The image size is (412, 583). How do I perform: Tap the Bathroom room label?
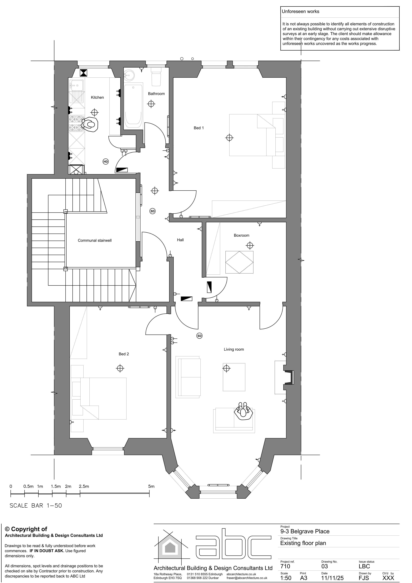pos(156,94)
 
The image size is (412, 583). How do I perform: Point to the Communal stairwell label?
pos(95,240)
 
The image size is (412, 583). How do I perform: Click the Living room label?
pos(234,349)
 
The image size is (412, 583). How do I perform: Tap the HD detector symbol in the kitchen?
pos(106,162)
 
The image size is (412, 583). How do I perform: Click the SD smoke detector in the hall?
pos(152,211)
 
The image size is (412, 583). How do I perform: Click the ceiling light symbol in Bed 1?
pos(229,138)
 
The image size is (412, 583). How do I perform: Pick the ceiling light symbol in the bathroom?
pos(151,104)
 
